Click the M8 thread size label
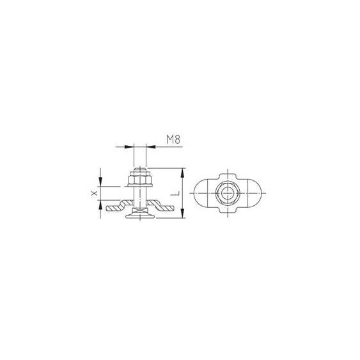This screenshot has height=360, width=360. tap(173, 139)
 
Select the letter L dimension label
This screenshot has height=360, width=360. tap(175, 193)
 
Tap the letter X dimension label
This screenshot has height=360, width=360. tap(94, 193)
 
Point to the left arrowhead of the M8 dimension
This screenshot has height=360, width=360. tap(129, 146)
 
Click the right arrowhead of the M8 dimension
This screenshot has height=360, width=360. tap(151, 146)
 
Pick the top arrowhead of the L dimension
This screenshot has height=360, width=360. tap(182, 173)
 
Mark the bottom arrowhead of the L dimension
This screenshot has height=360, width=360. tap(182, 213)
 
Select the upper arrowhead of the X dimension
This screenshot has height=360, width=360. tap(100, 182)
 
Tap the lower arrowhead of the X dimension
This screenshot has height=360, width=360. tap(100, 205)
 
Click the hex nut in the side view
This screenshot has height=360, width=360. tap(140, 180)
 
